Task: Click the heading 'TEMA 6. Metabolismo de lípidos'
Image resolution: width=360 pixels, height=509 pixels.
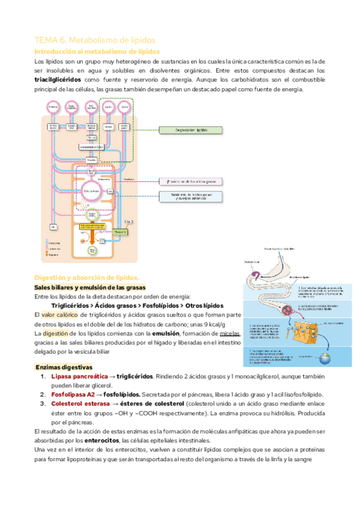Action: click(x=95, y=40)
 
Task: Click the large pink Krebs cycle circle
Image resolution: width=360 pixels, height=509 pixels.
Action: click(x=91, y=189)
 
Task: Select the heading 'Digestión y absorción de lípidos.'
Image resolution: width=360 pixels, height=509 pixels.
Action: click(x=86, y=277)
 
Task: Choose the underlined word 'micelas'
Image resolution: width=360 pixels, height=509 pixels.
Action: click(x=229, y=334)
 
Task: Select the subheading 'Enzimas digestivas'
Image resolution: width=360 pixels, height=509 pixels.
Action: click(x=64, y=367)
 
